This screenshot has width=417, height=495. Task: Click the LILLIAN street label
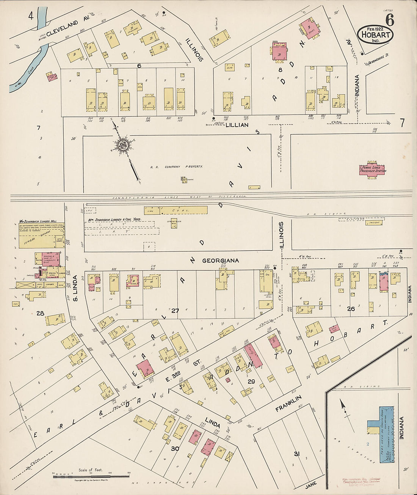[x=237, y=125]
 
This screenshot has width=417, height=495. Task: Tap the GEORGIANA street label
[x=220, y=261]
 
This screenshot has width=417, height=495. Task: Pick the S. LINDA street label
[x=75, y=288]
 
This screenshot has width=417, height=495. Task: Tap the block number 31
[x=296, y=454]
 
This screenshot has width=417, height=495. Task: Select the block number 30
[x=175, y=448]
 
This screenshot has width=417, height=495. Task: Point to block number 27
[x=175, y=311]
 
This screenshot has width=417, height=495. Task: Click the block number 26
[x=351, y=309]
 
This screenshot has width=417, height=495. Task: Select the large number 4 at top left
[x=31, y=16]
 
